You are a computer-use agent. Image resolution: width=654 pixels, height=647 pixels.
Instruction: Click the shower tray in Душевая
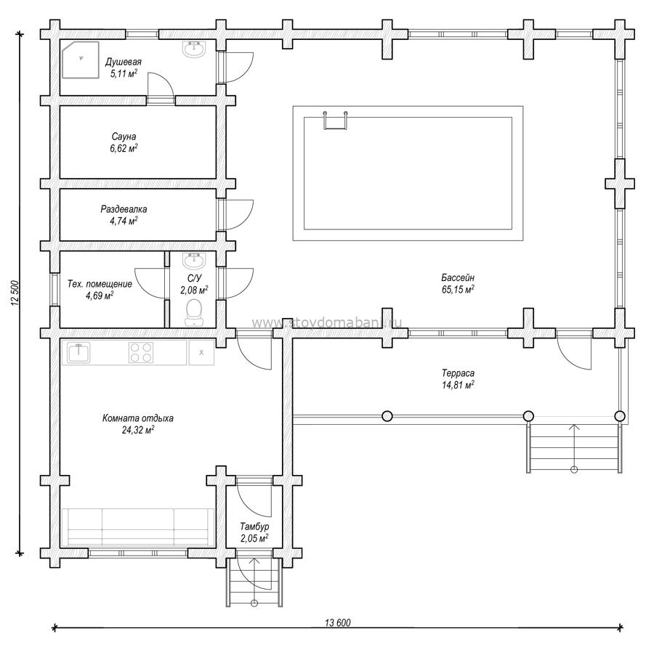click(81, 60)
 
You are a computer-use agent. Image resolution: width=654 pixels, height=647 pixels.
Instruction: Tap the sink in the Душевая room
click(193, 49)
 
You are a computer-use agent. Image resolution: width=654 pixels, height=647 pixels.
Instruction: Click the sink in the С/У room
click(193, 260)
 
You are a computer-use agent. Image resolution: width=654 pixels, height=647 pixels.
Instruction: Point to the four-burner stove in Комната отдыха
click(141, 352)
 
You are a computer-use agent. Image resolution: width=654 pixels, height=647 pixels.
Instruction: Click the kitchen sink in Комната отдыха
click(78, 353)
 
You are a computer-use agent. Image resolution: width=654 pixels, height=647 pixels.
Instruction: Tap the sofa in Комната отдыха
click(138, 527)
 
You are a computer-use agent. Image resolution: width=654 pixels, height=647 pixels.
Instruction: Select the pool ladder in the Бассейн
click(335, 121)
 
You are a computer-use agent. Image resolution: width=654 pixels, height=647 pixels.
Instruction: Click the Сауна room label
click(124, 137)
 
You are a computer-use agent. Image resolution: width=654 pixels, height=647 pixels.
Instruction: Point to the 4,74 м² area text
click(124, 221)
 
